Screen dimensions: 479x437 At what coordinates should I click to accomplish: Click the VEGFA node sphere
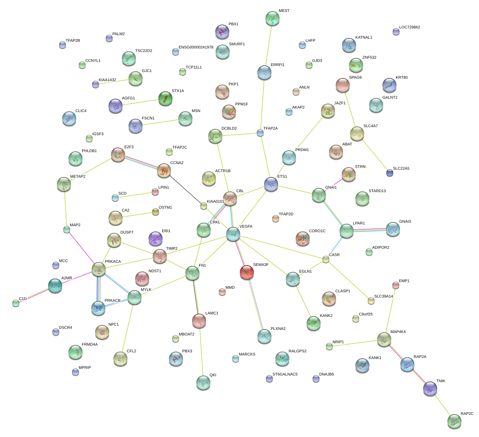click(x=233, y=234)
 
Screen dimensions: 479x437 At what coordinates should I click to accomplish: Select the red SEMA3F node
click(x=247, y=272)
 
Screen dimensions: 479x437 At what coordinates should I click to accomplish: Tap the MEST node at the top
click(x=273, y=18)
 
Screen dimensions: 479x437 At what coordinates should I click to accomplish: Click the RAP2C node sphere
click(x=454, y=421)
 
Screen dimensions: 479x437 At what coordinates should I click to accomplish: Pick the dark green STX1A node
click(x=165, y=98)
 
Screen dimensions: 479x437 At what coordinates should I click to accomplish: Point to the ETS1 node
click(x=271, y=184)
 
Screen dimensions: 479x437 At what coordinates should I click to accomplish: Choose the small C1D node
click(x=16, y=303)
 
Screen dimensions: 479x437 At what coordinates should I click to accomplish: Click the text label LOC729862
click(x=409, y=27)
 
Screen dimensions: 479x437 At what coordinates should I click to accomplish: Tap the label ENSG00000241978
click(x=196, y=47)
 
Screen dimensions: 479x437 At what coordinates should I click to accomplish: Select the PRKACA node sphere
click(x=99, y=269)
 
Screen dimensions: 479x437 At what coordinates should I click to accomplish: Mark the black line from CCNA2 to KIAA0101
click(x=184, y=188)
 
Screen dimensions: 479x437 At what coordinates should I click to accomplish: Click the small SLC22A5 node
click(x=389, y=173)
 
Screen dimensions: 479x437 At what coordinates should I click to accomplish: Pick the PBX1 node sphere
click(x=222, y=32)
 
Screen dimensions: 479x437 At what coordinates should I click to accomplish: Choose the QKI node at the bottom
click(x=203, y=383)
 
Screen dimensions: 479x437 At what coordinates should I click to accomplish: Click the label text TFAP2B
click(x=73, y=41)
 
